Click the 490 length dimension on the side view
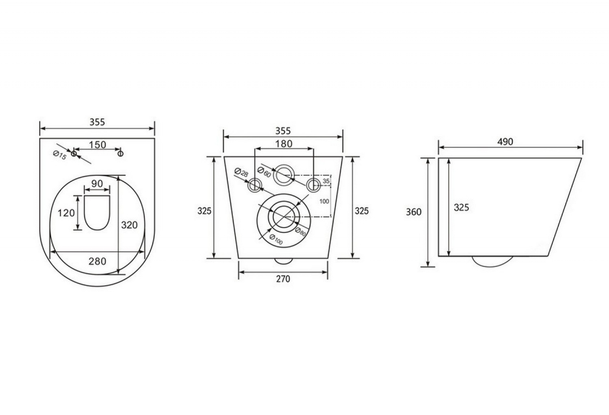[505, 141]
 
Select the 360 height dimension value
[414, 212]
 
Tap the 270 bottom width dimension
[283, 279]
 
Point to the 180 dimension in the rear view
[284, 144]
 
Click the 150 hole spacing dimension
[97, 144]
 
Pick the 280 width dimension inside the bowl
[97, 261]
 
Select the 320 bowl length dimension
[129, 224]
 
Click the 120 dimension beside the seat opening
[67, 212]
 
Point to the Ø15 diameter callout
[60, 156]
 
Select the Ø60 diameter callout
[265, 168]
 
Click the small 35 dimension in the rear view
[326, 181]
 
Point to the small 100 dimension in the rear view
[324, 201]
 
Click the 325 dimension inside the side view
[462, 207]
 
